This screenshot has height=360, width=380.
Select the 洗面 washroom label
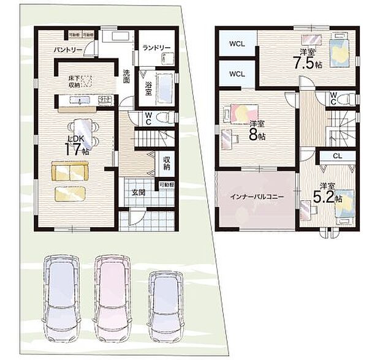click(x=126, y=76)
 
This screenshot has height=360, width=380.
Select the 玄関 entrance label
click(x=138, y=192)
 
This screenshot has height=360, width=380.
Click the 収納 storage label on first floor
click(x=167, y=163)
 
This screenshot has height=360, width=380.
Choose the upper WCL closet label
click(x=237, y=44)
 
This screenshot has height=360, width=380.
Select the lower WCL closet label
click(x=237, y=74)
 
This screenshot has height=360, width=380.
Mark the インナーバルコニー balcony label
click(x=256, y=199)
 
